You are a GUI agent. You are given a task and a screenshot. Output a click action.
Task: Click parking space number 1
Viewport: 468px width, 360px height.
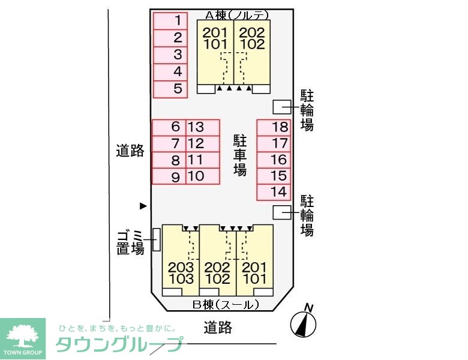(x=170, y=21)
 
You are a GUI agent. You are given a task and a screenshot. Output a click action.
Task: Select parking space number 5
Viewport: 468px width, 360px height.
(x=170, y=89)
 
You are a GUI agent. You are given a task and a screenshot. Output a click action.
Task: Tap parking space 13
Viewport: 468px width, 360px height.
(x=203, y=128)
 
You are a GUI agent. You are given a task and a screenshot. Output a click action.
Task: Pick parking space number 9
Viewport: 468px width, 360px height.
(x=169, y=176)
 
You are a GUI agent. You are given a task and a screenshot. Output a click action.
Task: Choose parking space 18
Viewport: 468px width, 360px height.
(x=274, y=128)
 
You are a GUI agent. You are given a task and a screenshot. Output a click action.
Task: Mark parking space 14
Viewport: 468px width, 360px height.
(x=274, y=192)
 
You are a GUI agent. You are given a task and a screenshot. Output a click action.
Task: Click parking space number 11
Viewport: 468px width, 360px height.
(x=203, y=160)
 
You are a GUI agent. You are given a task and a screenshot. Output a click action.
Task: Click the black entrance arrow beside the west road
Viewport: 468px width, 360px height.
(x=143, y=206)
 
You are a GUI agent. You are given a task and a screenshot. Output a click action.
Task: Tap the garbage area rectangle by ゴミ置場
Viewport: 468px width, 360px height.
(x=157, y=240)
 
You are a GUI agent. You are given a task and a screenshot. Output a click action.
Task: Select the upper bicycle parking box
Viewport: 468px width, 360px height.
(x=282, y=107)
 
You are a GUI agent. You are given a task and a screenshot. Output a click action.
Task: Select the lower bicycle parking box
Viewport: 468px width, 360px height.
(x=282, y=212)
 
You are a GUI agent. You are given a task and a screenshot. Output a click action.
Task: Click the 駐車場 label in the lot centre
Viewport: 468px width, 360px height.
(x=240, y=155)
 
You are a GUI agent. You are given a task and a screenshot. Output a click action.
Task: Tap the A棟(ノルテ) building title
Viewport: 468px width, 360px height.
(x=237, y=15)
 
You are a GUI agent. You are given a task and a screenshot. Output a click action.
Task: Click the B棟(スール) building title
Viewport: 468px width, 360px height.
(x=226, y=305)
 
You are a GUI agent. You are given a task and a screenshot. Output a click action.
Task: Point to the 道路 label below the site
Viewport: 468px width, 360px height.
(x=218, y=328)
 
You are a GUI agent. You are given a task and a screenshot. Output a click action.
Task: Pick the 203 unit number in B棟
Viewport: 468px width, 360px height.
(x=181, y=267)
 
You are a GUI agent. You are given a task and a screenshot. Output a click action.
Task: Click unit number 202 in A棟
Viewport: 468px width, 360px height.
(x=252, y=32)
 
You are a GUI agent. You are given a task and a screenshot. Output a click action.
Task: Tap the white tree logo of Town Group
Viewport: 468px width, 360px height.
(x=23, y=337)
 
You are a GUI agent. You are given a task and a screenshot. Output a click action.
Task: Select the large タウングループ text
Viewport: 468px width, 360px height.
(x=119, y=344)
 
